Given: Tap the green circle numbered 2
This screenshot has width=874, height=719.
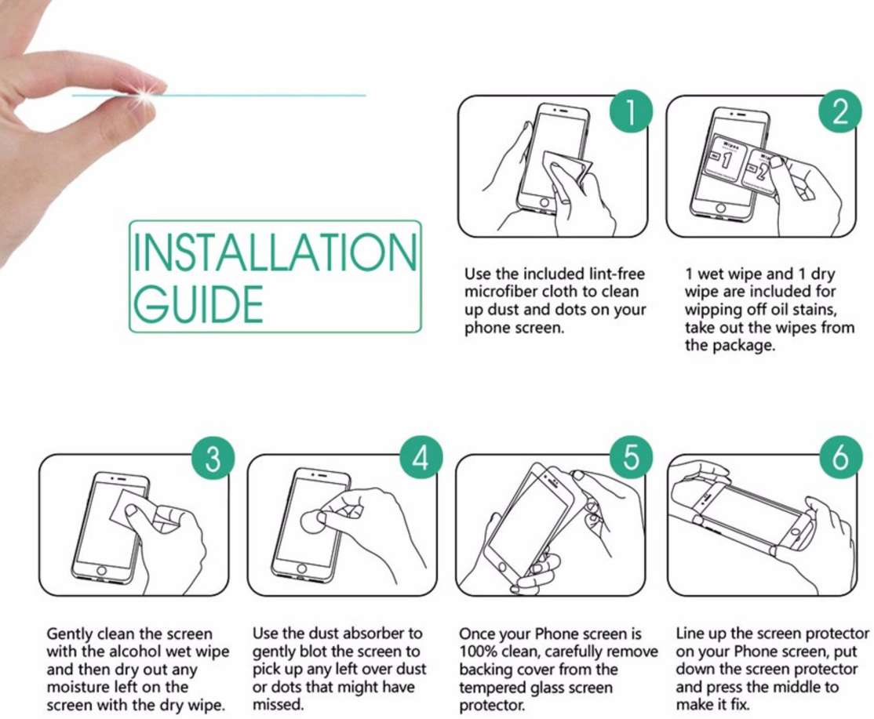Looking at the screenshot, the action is pos(839,111).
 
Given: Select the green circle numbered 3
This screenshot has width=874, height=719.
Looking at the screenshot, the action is pos(213,459).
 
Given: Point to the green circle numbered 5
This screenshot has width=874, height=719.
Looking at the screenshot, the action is pos(631,458).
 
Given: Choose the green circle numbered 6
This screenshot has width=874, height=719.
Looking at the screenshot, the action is pos(840,458).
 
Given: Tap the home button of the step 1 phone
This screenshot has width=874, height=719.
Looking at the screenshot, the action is pos(544,203).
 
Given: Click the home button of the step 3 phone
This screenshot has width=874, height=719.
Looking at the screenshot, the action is pos(101,571).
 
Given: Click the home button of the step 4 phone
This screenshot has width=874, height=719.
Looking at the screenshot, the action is pos(301,568).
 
